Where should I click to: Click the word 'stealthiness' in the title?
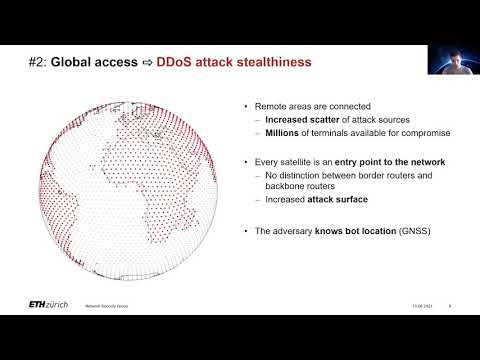pyautogui.click(x=270, y=62)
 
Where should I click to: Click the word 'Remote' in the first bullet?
pyautogui.click(x=273, y=106)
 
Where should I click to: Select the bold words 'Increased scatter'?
pyautogui.click(x=304, y=119)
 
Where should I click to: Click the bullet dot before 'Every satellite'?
pyautogui.click(x=247, y=162)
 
